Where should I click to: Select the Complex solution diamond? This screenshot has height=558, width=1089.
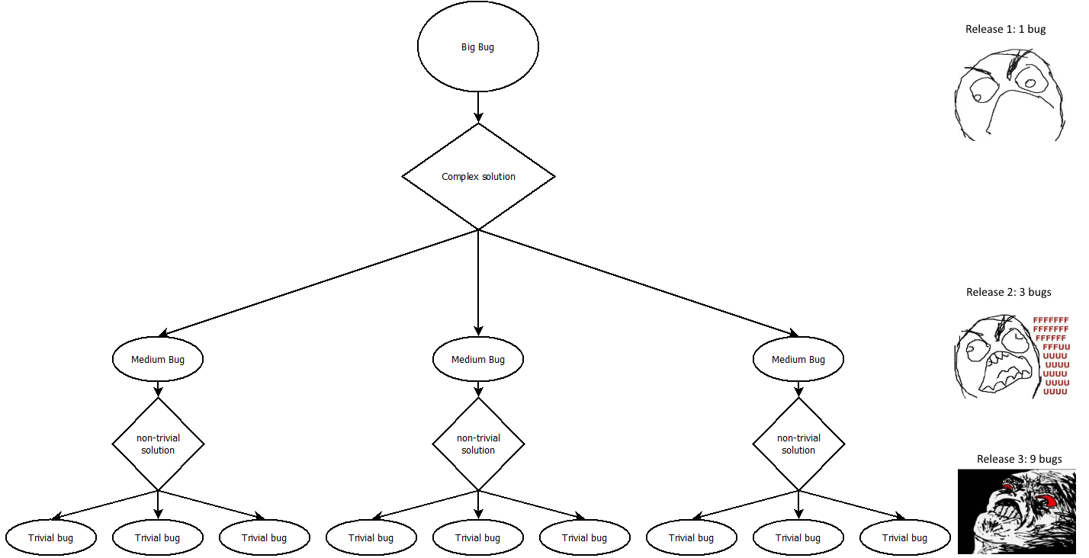[478, 176]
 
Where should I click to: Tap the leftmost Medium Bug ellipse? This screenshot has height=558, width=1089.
[158, 359]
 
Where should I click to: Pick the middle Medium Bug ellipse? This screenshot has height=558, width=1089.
[478, 359]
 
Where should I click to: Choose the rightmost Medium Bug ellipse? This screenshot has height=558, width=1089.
[798, 359]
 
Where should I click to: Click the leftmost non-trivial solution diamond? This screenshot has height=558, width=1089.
[158, 444]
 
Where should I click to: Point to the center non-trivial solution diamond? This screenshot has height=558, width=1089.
[478, 444]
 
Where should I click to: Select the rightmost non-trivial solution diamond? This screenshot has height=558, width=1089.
[798, 444]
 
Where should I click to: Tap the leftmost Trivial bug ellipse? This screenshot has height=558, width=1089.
[51, 537]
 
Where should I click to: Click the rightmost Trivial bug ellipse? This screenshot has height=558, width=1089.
[905, 537]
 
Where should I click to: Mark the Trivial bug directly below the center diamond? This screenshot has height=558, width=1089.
[478, 537]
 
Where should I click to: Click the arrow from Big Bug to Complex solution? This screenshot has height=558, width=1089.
[478, 107]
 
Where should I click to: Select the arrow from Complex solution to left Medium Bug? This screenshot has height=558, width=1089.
[319, 283]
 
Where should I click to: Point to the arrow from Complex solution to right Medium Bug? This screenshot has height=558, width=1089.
[638, 283]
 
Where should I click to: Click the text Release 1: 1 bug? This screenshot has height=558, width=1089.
[1005, 29]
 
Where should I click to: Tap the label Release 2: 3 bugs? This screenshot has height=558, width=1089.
[1009, 292]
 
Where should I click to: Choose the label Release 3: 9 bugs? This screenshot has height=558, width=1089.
[1020, 459]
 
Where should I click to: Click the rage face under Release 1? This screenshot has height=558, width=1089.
[1010, 95]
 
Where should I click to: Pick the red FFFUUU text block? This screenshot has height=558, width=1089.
[1052, 356]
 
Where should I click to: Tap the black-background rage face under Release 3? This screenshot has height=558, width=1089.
[1017, 511]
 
